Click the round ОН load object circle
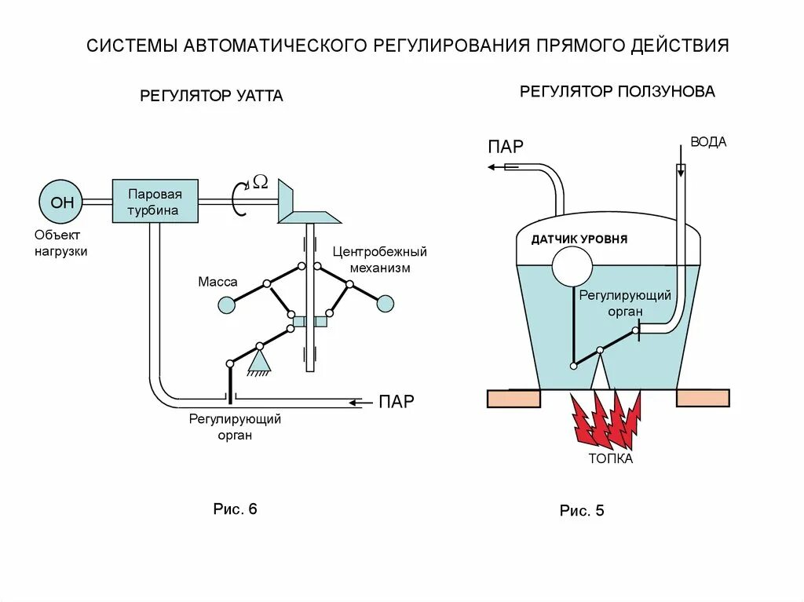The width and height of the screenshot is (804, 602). pos(62,202)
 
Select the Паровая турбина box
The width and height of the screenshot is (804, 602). pos(155,202)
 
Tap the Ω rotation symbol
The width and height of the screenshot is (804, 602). pos(261,182)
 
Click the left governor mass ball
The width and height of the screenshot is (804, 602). pos(226,305)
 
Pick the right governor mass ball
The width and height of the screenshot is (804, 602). pos(386,304)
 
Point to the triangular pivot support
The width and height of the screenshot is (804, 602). pos(258,361)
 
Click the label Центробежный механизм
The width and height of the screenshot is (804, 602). pos(379,260)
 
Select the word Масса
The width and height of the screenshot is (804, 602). pos(217,282)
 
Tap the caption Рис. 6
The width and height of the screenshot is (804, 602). pos(236,509)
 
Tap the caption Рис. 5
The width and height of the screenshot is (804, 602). pos(582,511)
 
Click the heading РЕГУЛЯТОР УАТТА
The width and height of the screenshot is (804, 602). pos(211,97)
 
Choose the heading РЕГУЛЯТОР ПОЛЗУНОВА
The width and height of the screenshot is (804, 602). pos(617,92)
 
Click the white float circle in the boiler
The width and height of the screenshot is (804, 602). pos(572,267)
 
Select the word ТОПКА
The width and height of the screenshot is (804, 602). pos(610,459)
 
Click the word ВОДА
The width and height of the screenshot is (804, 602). pos(708,142)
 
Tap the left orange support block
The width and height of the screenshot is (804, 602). pos(513,398)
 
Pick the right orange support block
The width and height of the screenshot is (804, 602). pos(703,398)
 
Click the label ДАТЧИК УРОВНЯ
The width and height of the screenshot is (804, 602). pos(579,239)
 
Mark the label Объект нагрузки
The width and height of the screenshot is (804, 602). pos(60,243)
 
